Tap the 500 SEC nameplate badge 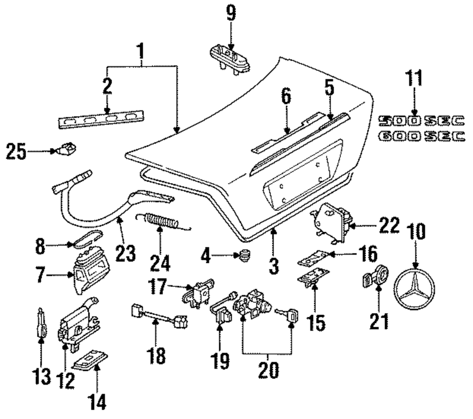point(421,121)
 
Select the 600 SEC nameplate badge point(421,136)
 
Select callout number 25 point(17,151)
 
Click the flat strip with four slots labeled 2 point(101,119)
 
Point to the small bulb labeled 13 point(41,323)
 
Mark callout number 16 point(368,254)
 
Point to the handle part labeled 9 point(230,60)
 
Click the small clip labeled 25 point(65,148)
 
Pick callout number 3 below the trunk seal point(273,265)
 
